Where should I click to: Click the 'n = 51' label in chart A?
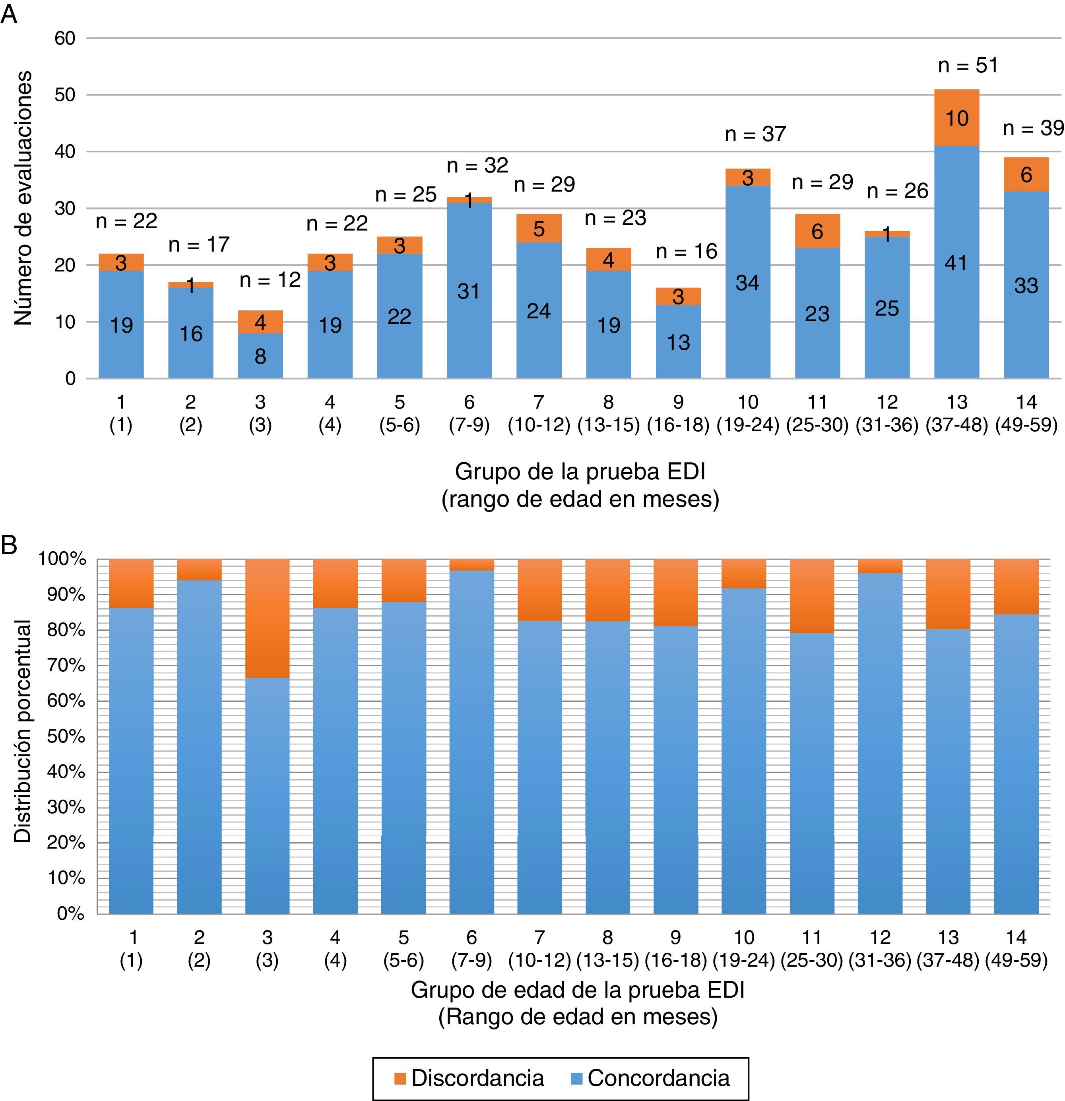point(968,66)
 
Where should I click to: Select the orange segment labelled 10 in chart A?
point(956,118)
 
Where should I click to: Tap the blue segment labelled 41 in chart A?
point(956,262)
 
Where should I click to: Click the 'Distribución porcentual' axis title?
point(23,731)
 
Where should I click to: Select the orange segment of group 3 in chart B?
point(268,618)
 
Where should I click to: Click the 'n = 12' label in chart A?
point(270,280)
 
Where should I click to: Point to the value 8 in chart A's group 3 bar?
point(260,356)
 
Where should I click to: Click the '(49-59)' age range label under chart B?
point(1016,961)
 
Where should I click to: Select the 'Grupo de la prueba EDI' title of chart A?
point(580,471)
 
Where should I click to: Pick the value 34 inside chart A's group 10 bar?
point(748,283)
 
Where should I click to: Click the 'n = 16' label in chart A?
point(687,251)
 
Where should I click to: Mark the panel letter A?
point(9,15)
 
